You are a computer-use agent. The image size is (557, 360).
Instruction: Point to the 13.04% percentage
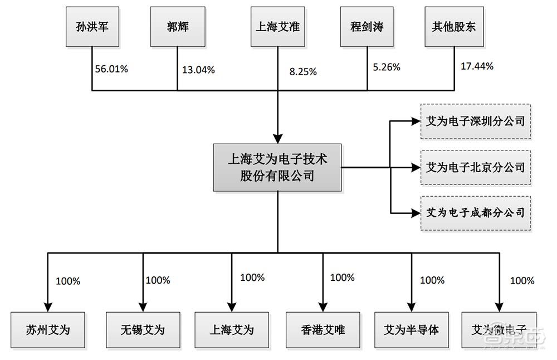tap(198, 70)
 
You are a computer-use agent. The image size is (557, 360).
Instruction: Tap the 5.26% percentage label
tap(386, 67)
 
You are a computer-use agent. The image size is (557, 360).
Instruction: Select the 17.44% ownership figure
tap(477, 66)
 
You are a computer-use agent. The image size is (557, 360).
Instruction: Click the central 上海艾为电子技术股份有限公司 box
tap(277, 167)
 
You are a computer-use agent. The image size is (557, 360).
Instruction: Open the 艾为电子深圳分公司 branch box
tap(475, 120)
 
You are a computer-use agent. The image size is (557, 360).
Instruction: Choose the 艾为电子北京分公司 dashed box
tap(475, 166)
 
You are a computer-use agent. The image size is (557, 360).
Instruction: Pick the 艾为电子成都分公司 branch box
tap(475, 212)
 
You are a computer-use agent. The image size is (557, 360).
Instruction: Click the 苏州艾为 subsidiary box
tap(48, 330)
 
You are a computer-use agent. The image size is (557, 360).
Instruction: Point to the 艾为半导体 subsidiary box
tap(412, 330)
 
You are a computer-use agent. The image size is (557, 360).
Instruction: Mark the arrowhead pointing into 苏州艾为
tap(48, 307)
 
